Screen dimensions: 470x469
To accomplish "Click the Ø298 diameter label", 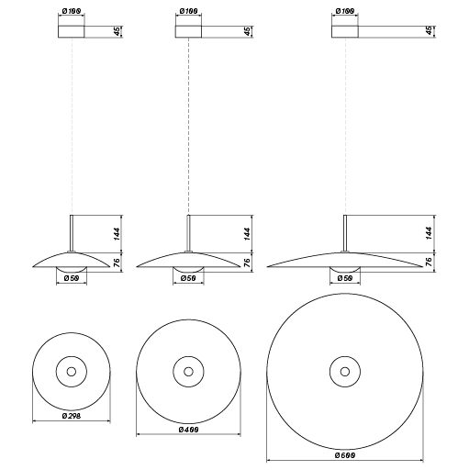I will pos(71,416).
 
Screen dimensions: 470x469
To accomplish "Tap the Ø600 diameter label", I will pos(345,455).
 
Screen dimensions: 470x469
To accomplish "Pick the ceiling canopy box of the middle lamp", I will pos(188,32).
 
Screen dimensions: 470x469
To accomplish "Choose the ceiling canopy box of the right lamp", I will pos(345,32).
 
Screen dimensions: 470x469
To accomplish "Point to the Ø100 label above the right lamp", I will pos(345,11).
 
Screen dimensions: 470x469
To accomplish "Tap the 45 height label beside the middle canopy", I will pos(249,32).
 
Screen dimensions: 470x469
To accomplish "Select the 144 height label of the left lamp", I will pos(117,233).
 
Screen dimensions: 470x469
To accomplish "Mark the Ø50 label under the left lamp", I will pos(71,278).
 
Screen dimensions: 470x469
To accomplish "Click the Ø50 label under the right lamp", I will pos(345,278).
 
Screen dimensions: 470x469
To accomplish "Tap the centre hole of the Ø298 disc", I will pos(71,372).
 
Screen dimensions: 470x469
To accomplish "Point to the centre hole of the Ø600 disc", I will pos(345,372).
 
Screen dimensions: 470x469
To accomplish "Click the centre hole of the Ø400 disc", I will pos(188,372).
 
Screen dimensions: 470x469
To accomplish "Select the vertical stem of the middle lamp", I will pos(188,233).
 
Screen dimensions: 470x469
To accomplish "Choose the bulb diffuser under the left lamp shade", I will pos(71,267).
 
